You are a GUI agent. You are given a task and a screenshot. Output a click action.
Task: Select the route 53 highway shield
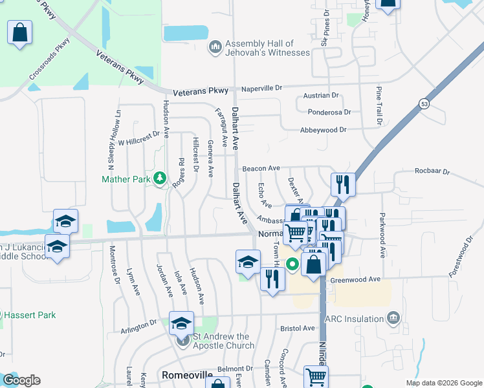tap(424, 103)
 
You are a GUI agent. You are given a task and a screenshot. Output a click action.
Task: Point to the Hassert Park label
tap(30, 316)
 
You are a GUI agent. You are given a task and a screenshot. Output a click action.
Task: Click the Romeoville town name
tap(187, 375)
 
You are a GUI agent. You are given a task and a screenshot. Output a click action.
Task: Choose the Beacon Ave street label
tap(261, 169)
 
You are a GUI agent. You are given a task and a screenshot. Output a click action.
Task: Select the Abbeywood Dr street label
tap(324, 130)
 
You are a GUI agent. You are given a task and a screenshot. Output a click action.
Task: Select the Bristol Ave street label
tap(298, 329)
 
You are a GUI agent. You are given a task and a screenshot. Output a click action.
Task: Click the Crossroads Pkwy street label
tap(49, 63)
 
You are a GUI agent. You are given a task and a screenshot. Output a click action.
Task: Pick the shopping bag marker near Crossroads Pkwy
tap(20, 32)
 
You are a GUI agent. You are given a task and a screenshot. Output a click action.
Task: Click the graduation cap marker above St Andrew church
tap(182, 323)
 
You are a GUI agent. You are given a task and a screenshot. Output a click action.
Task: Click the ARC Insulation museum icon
tap(393, 318)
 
